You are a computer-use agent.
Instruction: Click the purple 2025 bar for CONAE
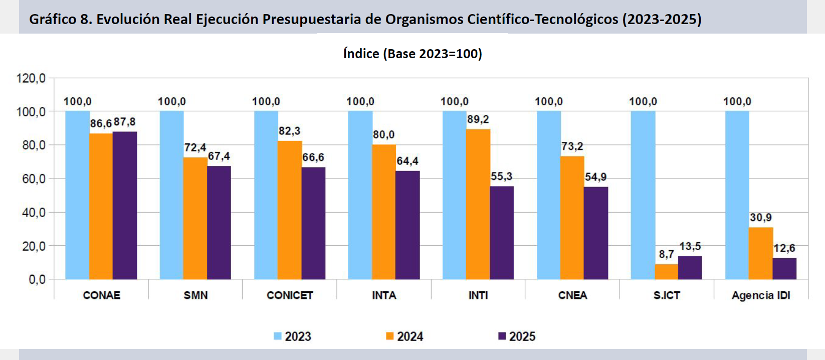coord(125,206)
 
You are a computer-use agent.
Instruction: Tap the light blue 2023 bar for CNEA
coord(549,195)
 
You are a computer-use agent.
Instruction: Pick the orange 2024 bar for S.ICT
coord(666,272)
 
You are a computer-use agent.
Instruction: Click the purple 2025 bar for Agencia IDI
coord(784,269)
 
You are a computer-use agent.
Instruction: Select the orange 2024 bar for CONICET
coord(290,210)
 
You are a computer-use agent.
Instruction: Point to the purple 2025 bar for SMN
coord(219,223)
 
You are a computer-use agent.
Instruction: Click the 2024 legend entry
coord(405,336)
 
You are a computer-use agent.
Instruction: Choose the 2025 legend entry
coord(517,336)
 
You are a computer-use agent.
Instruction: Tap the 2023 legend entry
coord(293,336)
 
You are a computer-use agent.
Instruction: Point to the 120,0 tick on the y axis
coord(31,78)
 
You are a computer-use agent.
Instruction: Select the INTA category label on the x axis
coord(384,295)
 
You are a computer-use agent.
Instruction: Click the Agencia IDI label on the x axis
coord(761,295)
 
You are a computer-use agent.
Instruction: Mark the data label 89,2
coord(478,119)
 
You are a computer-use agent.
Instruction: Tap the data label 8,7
coord(666,254)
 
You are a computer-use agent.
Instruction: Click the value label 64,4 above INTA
coord(407,161)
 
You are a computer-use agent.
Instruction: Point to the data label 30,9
coord(760,218)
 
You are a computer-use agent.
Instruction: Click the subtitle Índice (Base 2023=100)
coord(412,54)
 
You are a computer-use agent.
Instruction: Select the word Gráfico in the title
coord(52,20)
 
